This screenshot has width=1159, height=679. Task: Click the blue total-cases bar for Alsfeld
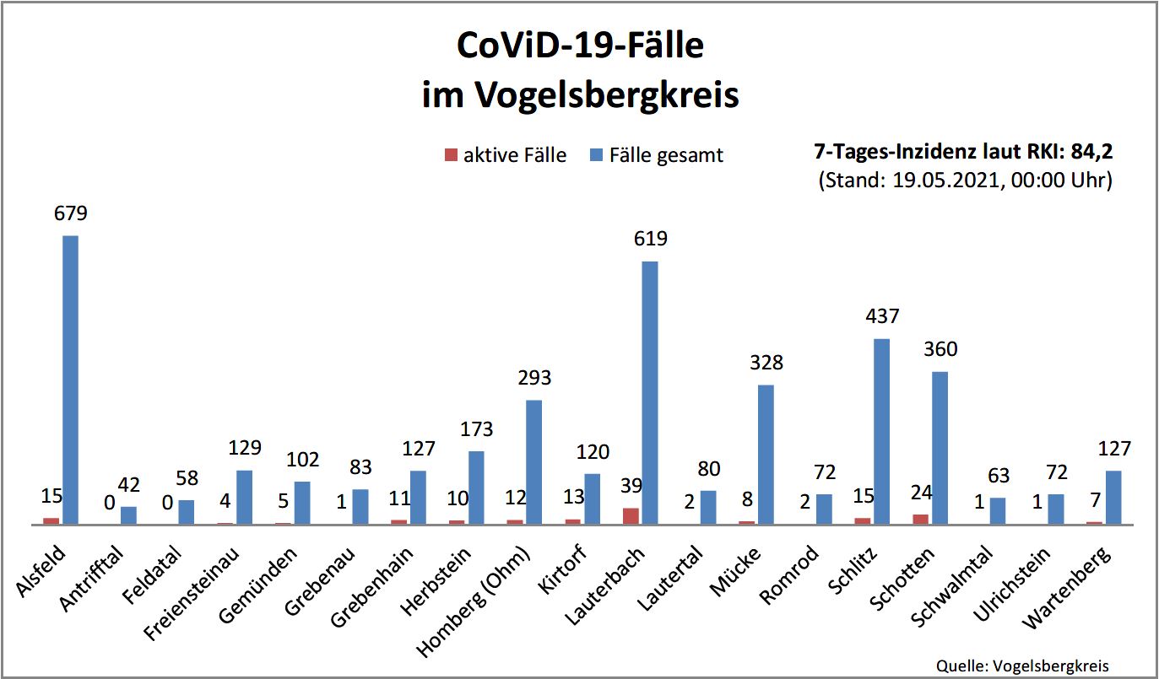pos(70,380)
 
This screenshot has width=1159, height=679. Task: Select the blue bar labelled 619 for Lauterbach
pos(650,392)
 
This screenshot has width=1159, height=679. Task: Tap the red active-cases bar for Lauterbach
pos(631,516)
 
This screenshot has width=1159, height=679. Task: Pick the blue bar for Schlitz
pos(882,431)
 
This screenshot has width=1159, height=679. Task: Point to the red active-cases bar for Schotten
pos(921,519)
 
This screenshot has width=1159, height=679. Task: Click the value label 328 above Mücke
pos(766,363)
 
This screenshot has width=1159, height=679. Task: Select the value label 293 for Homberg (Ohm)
pos(534,377)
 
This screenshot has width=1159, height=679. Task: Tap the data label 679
pos(70,213)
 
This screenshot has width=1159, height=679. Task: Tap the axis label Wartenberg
pos(1069,587)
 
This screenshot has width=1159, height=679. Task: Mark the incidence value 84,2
pos(1090,153)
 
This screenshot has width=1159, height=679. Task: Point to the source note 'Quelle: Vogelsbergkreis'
pos(1022,664)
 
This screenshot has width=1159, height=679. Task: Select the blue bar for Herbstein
pos(476,488)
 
